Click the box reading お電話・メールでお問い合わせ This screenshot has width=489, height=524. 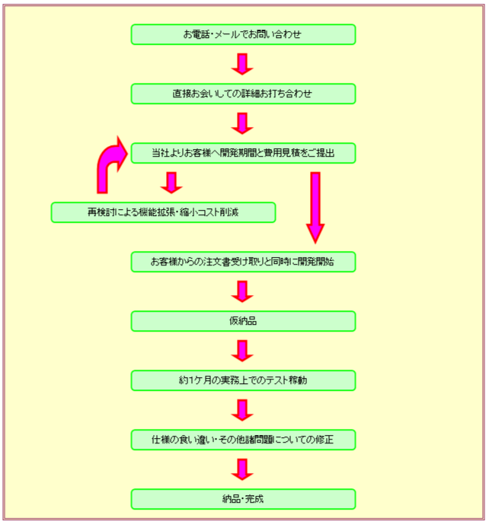click(243, 34)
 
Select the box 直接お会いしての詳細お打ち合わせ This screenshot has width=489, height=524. click(243, 94)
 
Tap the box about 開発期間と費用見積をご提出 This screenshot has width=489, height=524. click(243, 153)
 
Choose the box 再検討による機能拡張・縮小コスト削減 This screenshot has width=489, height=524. click(163, 212)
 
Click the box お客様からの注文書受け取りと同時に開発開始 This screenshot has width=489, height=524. click(243, 262)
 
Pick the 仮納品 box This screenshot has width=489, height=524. click(243, 321)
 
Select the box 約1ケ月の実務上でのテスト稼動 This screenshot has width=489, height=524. click(243, 380)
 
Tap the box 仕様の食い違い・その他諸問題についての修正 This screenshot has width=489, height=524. click(243, 440)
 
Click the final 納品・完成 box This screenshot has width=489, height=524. click(243, 499)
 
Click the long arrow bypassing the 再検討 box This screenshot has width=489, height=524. click(315, 207)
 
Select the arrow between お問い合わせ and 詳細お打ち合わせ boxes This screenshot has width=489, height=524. click(242, 64)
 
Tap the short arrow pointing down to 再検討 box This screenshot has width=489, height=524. click(171, 183)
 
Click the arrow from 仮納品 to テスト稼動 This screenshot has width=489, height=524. click(242, 351)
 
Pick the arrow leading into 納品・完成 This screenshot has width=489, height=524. click(242, 469)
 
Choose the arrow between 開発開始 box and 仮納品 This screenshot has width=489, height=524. click(242, 291)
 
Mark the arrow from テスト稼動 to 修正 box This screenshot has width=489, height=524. click(242, 410)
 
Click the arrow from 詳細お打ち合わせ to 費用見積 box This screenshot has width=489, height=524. click(242, 123)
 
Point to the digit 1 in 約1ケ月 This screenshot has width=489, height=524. click(191, 380)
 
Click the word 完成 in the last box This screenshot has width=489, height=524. click(254, 499)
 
